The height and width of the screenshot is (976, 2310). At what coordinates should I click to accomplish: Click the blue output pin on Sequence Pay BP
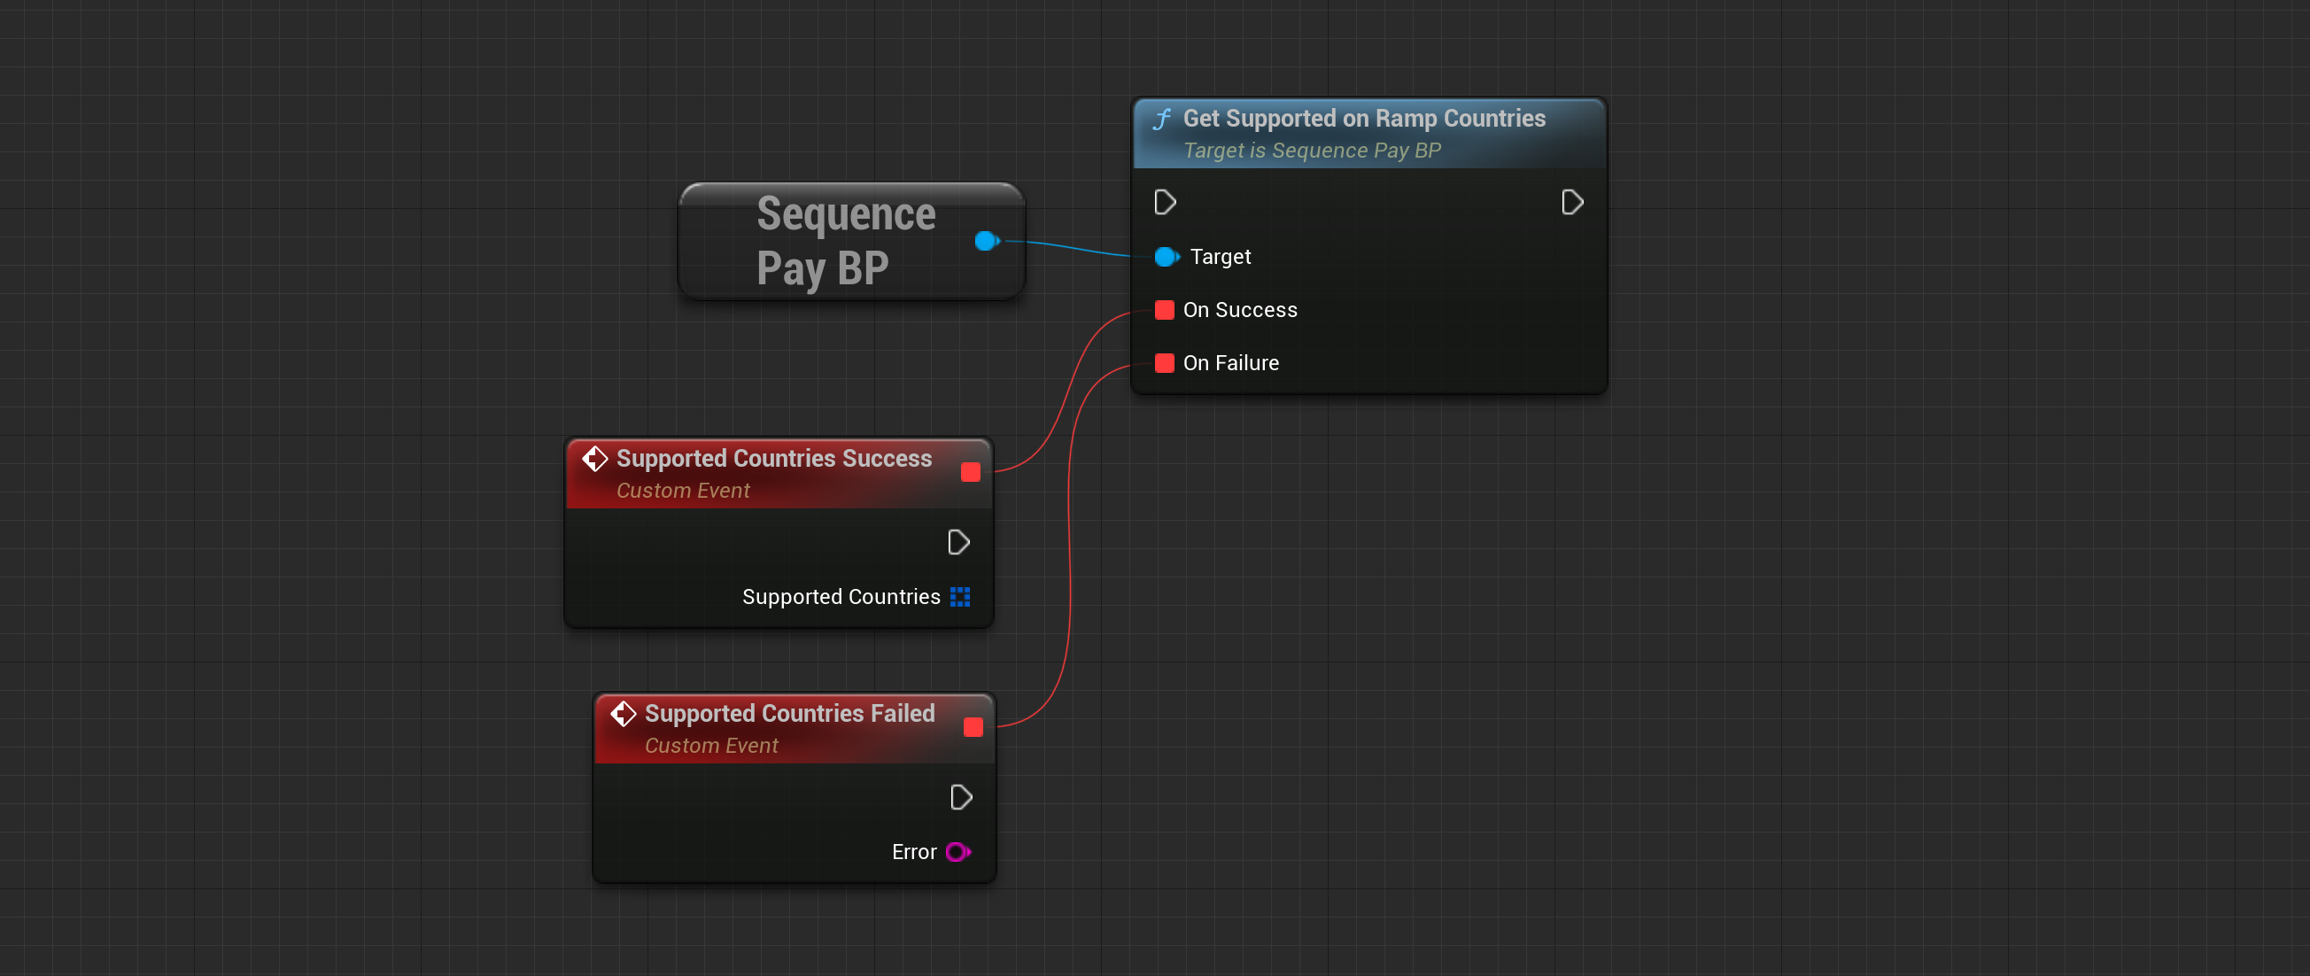[986, 240]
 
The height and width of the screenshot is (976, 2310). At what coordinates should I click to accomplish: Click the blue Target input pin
[1165, 258]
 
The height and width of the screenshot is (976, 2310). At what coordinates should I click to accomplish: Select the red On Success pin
[1164, 310]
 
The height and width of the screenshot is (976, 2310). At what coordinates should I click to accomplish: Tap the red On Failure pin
[1164, 363]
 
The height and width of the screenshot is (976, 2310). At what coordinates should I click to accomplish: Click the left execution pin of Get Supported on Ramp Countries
[1165, 203]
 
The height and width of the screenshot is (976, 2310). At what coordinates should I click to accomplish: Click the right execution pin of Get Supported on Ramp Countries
[1571, 203]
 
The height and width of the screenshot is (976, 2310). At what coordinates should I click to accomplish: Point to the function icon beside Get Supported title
[1162, 120]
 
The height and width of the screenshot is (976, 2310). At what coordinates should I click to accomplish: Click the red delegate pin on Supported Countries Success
[969, 473]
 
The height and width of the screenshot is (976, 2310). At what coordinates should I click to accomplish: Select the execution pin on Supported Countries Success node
[957, 543]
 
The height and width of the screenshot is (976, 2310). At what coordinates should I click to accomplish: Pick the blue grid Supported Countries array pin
[959, 598]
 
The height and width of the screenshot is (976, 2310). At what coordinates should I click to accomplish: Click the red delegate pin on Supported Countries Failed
[972, 727]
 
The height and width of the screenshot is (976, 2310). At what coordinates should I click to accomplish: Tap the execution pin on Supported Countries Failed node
[960, 797]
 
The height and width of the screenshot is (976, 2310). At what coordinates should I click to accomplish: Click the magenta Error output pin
[957, 852]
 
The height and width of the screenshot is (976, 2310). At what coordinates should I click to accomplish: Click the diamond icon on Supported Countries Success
[594, 460]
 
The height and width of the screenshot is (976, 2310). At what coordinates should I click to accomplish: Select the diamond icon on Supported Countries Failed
[624, 714]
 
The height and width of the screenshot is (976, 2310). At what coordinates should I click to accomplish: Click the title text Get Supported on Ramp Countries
[1363, 119]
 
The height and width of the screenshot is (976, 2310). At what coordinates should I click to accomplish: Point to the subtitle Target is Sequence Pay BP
[1311, 151]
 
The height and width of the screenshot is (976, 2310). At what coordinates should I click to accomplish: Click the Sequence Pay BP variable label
[845, 241]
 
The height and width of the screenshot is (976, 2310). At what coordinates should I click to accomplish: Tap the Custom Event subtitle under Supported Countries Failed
[710, 746]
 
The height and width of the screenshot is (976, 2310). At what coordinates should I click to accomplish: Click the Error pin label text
[913, 852]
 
